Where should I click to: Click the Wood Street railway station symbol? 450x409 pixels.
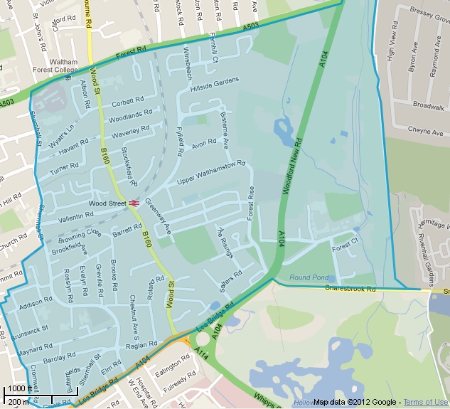point(133,203)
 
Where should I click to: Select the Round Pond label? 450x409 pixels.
point(309,277)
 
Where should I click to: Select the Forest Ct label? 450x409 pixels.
point(345,247)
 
